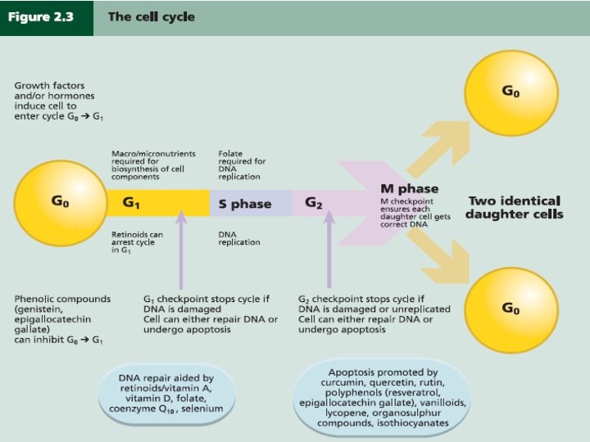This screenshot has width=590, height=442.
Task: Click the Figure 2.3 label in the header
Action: (x=41, y=17)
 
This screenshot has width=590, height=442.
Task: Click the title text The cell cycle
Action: (x=151, y=17)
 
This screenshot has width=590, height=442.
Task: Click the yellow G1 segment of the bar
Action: (x=156, y=202)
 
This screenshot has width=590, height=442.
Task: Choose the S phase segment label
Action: (x=244, y=204)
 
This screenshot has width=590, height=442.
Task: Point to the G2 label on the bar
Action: (x=314, y=202)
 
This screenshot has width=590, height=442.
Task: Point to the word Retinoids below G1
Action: (x=129, y=234)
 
